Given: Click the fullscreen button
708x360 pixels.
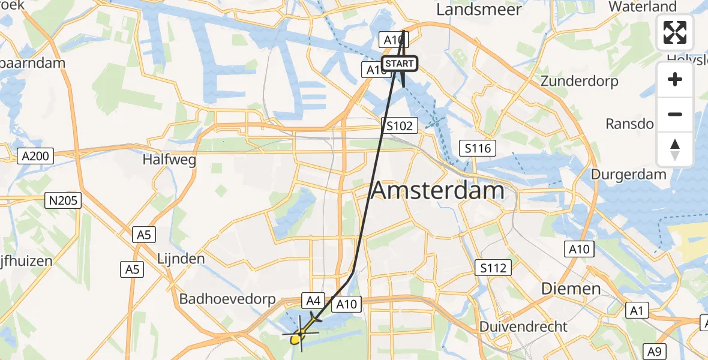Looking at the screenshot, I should (675, 32).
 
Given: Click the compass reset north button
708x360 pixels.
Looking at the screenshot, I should (675, 149).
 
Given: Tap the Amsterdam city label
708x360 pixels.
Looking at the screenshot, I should (438, 191).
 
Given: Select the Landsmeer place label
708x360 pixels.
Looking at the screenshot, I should (479, 10).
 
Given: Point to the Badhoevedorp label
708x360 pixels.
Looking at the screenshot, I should (227, 299).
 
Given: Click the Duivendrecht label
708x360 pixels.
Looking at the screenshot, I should (523, 326).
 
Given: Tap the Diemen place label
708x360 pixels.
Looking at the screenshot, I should (571, 289).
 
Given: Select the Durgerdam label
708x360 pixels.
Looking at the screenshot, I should (628, 175).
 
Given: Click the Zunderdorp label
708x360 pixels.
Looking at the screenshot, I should (578, 81).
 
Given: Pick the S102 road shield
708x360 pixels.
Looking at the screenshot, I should (400, 125).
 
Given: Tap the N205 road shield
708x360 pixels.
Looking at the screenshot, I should (64, 200).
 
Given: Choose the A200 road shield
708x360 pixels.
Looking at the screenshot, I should (37, 157).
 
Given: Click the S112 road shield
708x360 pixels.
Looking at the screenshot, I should (493, 268).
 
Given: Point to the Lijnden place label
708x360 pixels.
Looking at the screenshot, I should (181, 259).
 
